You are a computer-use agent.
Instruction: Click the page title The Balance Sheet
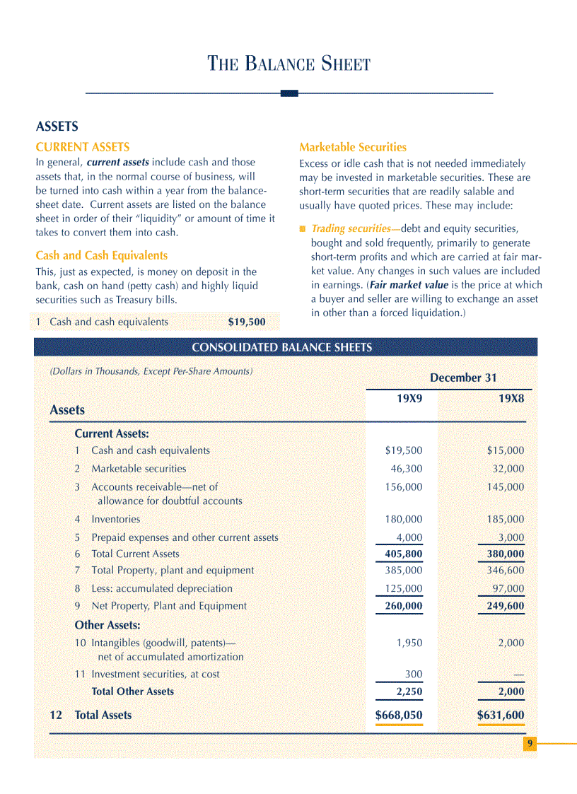(288, 64)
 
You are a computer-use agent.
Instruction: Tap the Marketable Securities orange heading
(352, 147)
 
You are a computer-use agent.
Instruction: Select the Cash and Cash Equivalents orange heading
(101, 255)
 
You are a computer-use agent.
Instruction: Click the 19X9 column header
(409, 398)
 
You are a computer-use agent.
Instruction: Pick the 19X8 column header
(511, 398)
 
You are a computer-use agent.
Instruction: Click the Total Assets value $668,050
(399, 715)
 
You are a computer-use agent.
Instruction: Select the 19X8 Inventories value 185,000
(505, 519)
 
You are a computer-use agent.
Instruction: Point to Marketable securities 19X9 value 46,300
(407, 468)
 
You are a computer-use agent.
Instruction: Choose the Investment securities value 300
(413, 674)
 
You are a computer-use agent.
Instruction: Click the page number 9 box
(530, 743)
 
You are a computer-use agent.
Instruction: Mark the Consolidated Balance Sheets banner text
(281, 347)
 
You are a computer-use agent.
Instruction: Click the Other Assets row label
(107, 625)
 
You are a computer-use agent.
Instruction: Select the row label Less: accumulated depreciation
(161, 588)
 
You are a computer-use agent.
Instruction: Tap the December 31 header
(462, 378)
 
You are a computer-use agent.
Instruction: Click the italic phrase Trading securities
(351, 228)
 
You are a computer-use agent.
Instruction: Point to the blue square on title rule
(289, 93)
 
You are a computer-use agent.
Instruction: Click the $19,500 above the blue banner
(247, 322)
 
